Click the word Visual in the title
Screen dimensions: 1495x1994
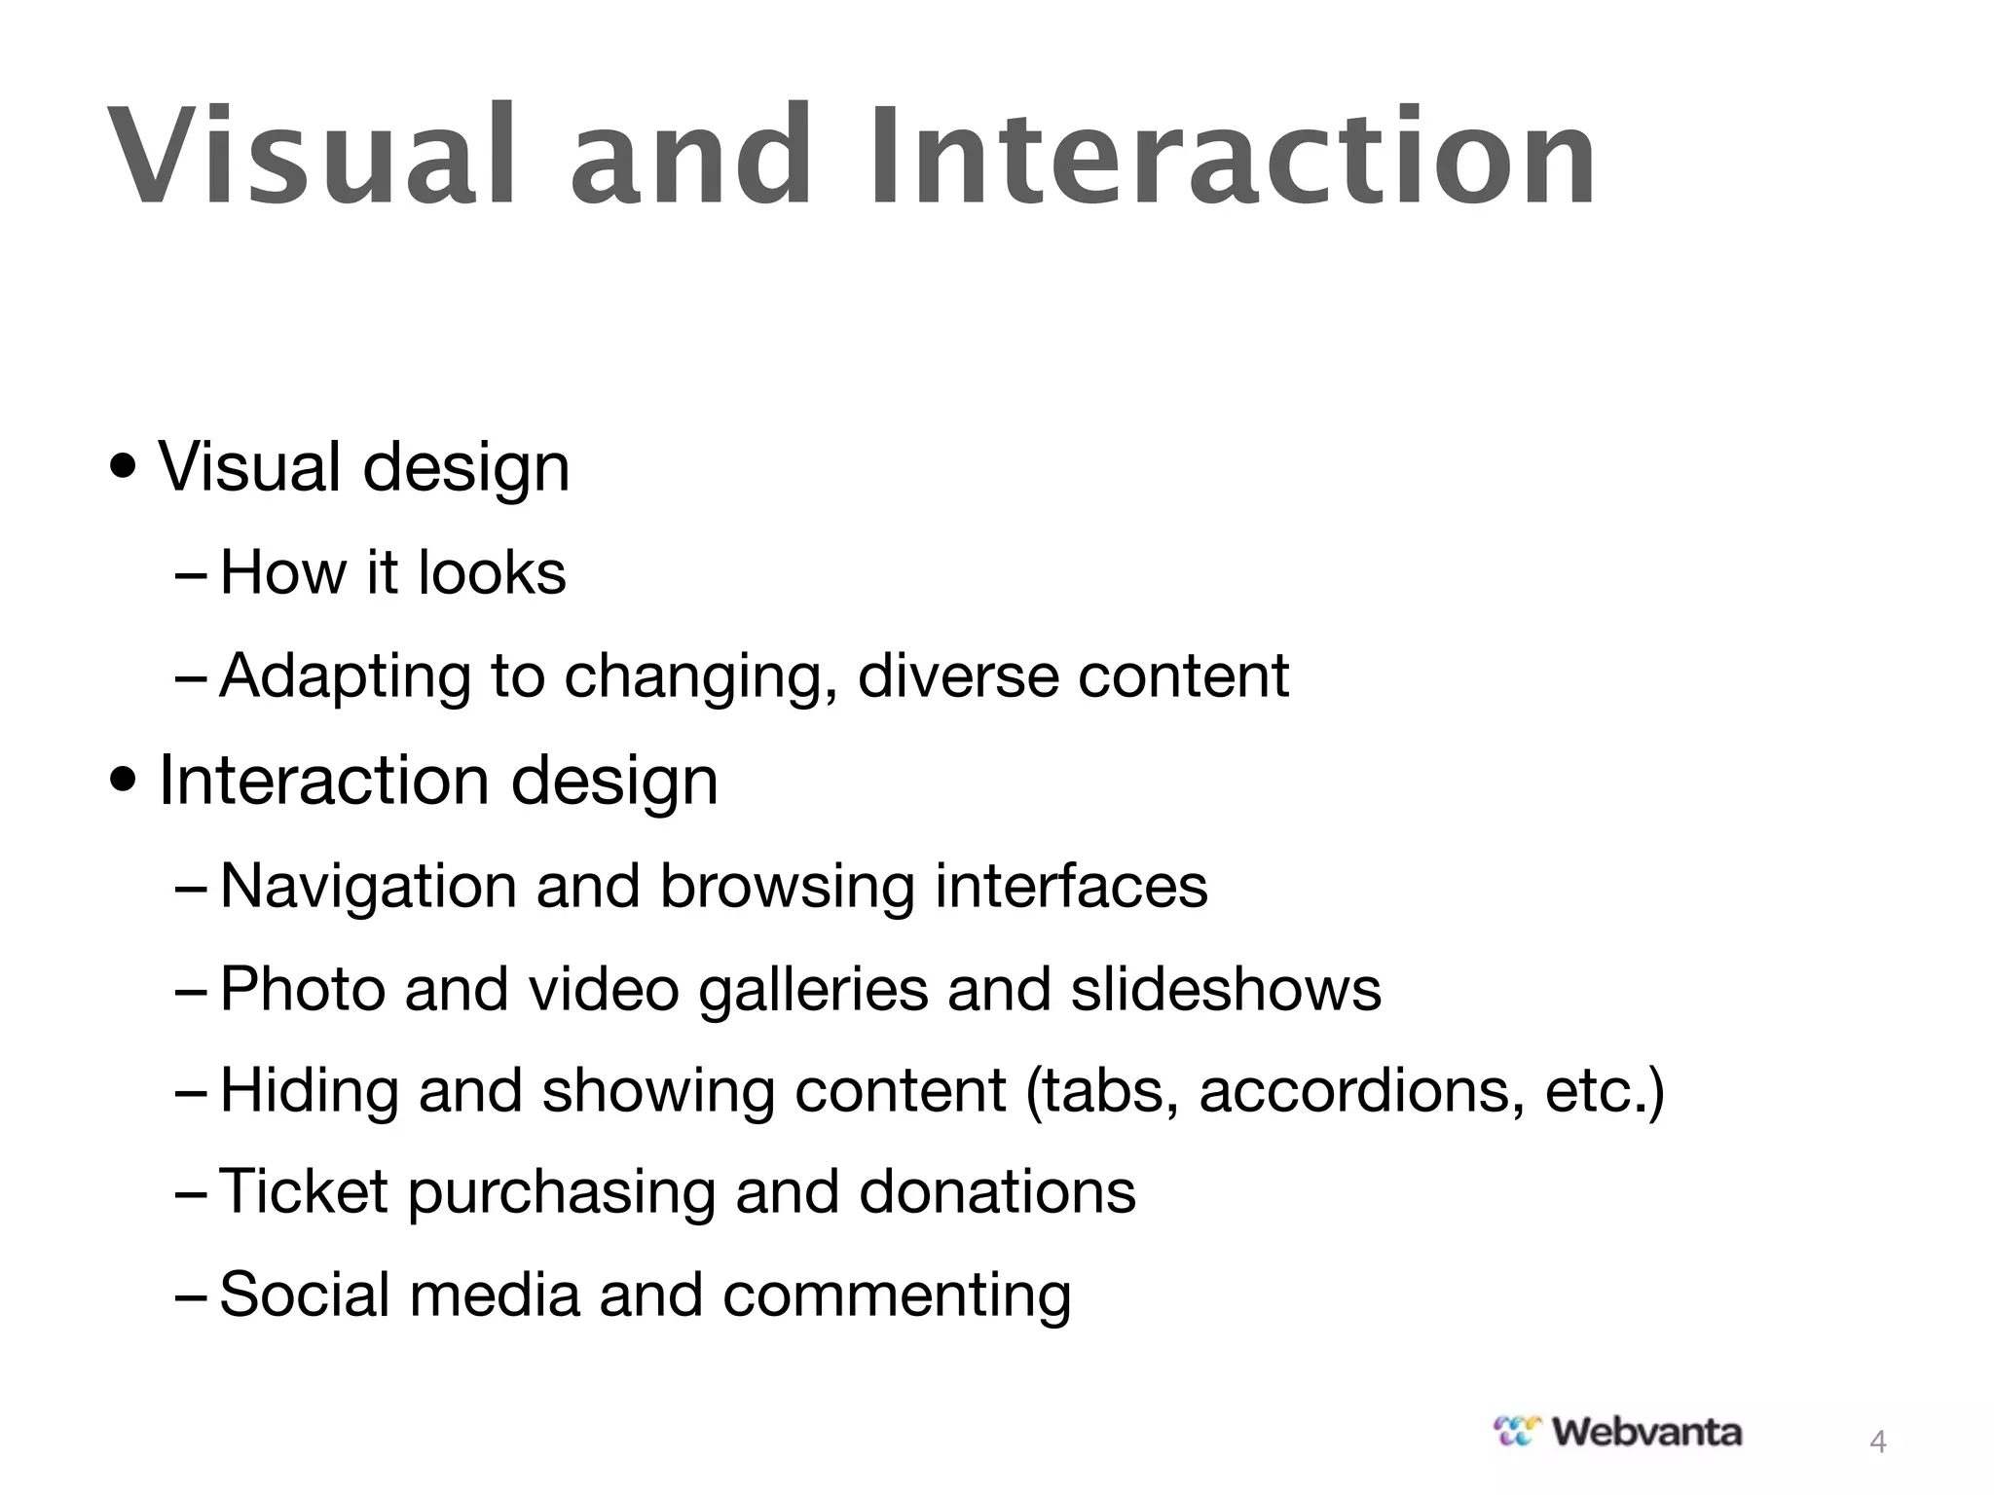[x=310, y=156]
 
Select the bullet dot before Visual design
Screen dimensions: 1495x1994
[x=124, y=467]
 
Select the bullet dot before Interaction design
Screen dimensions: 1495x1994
[x=124, y=780]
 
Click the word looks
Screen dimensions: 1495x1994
[x=491, y=572]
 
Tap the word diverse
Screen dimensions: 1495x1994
[x=957, y=676]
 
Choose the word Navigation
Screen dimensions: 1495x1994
[x=368, y=887]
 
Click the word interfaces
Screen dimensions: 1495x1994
[x=1071, y=887]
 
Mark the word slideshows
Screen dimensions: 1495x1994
[x=1226, y=989]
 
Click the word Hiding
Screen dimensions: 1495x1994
[x=310, y=1091]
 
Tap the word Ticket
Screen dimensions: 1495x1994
[x=304, y=1191]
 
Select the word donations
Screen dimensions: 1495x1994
[x=997, y=1191]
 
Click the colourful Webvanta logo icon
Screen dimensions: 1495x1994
[x=1518, y=1431]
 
